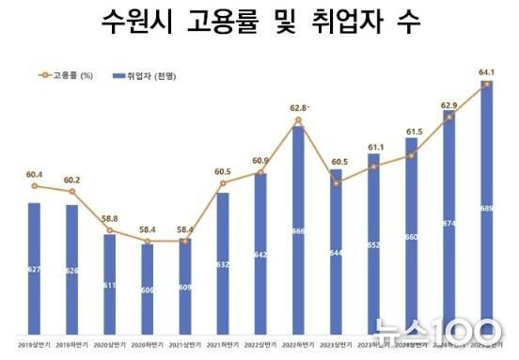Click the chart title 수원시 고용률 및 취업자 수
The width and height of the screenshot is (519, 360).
click(259, 22)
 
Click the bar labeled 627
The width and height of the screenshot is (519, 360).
click(34, 263)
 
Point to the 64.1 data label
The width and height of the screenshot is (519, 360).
click(486, 71)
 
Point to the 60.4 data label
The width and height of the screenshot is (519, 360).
click(34, 175)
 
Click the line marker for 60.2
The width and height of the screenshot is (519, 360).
click(71, 192)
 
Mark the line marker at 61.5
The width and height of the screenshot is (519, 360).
click(412, 156)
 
